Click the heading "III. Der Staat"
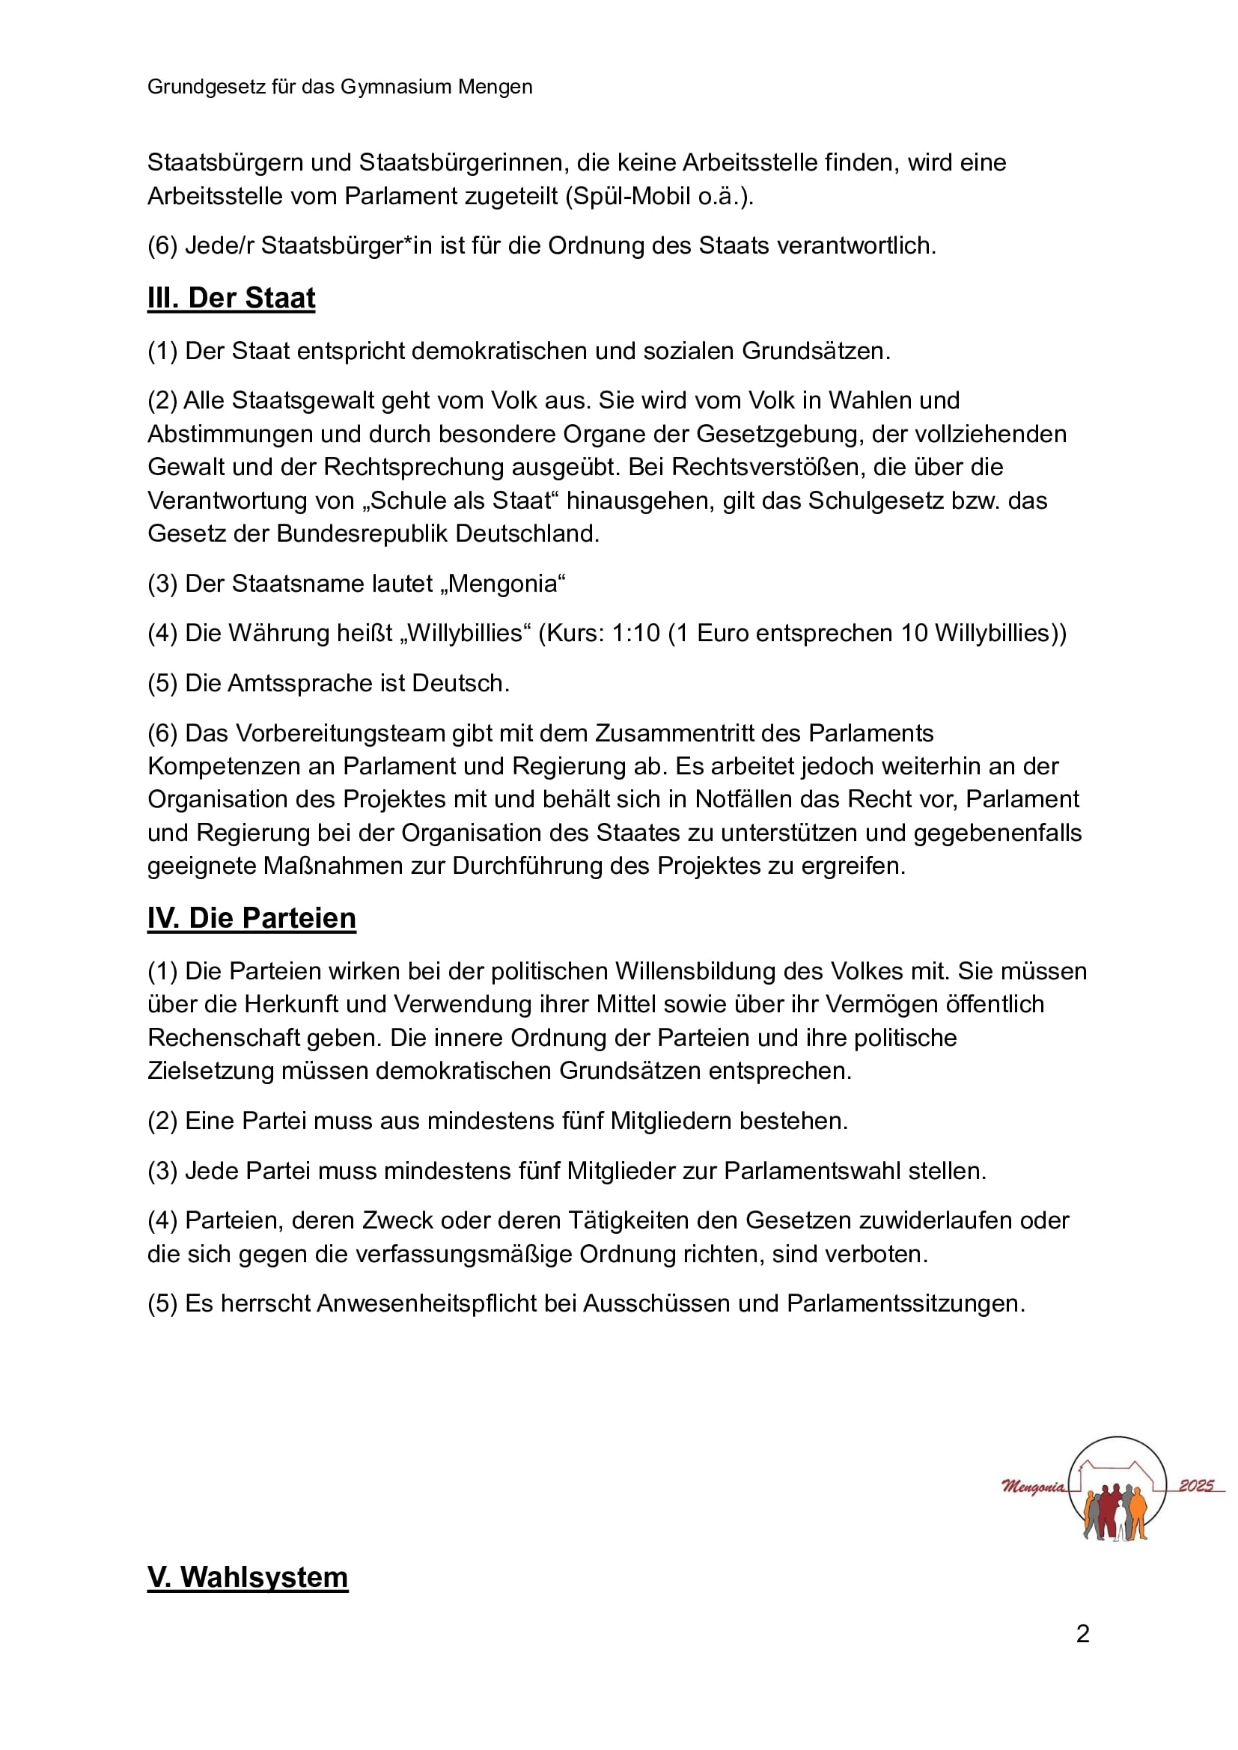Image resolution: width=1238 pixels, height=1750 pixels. point(231,298)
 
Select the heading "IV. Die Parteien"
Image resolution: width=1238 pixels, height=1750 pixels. point(251,918)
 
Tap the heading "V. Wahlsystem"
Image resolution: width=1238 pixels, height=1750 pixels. point(248,1576)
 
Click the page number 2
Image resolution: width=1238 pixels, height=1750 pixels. point(1082,1633)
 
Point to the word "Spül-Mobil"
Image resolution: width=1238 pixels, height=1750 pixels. point(630,197)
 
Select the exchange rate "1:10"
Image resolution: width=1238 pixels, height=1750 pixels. point(635,634)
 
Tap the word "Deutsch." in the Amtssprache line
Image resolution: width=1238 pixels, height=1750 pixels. point(460,683)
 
